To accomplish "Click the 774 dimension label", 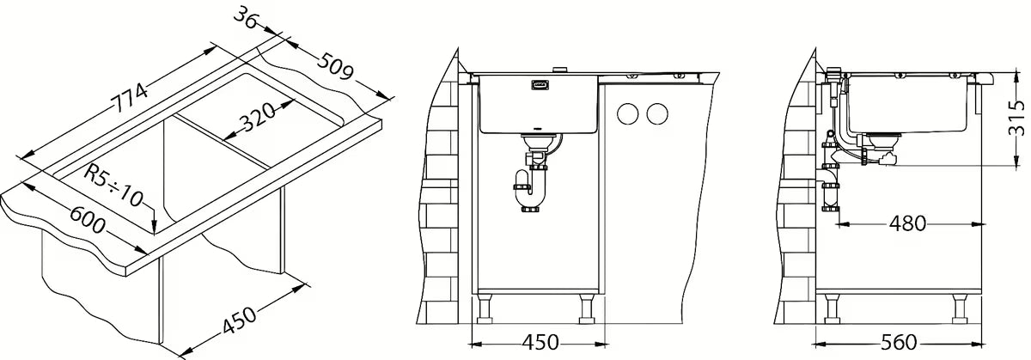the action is [131, 98].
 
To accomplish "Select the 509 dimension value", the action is [337, 67].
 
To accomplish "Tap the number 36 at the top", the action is [247, 19].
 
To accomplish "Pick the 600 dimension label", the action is [88, 220].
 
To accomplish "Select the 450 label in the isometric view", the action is [239, 320].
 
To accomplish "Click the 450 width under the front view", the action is [540, 343].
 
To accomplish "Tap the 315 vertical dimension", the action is [1016, 119].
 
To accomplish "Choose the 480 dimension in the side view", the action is [907, 224].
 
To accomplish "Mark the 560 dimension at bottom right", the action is [899, 343].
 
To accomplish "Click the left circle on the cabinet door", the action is [628, 113].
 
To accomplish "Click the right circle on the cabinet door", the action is [656, 113].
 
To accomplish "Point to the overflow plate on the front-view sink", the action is [540, 85].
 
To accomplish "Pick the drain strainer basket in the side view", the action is [882, 139].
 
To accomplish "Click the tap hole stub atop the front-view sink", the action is [559, 70].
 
